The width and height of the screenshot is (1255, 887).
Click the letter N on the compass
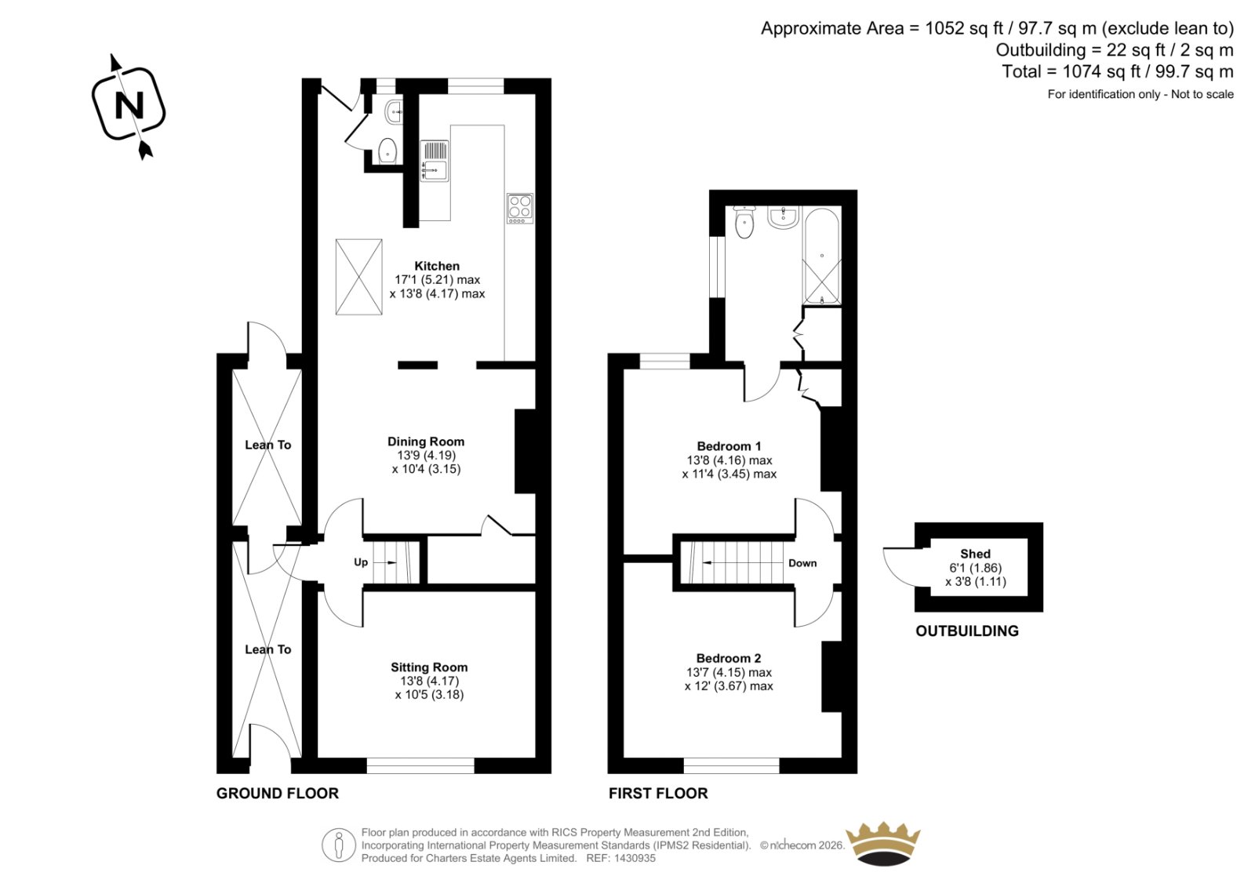(x=129, y=105)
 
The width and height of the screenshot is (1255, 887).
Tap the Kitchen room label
(x=437, y=266)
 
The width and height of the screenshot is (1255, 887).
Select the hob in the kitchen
(x=520, y=209)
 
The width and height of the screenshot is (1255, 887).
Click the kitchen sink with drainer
(x=435, y=161)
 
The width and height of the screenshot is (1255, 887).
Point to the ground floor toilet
(x=387, y=150)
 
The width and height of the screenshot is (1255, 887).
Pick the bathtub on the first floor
(x=822, y=256)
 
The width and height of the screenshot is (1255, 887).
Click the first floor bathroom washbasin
(x=784, y=217)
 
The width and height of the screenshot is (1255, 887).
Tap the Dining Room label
(x=426, y=442)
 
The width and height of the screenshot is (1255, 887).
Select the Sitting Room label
(x=429, y=667)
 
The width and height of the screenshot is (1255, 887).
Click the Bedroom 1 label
(x=729, y=446)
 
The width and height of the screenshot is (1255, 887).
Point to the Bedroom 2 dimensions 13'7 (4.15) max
(x=729, y=672)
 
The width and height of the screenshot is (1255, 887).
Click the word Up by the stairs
(x=361, y=562)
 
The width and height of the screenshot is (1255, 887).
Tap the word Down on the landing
(x=802, y=563)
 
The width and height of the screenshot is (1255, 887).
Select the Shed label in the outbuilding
(x=976, y=554)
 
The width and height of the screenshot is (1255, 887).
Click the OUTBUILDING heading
(x=967, y=631)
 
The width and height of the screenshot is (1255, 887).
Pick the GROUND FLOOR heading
(x=278, y=794)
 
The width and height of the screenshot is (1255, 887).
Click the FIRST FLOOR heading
(x=658, y=794)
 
